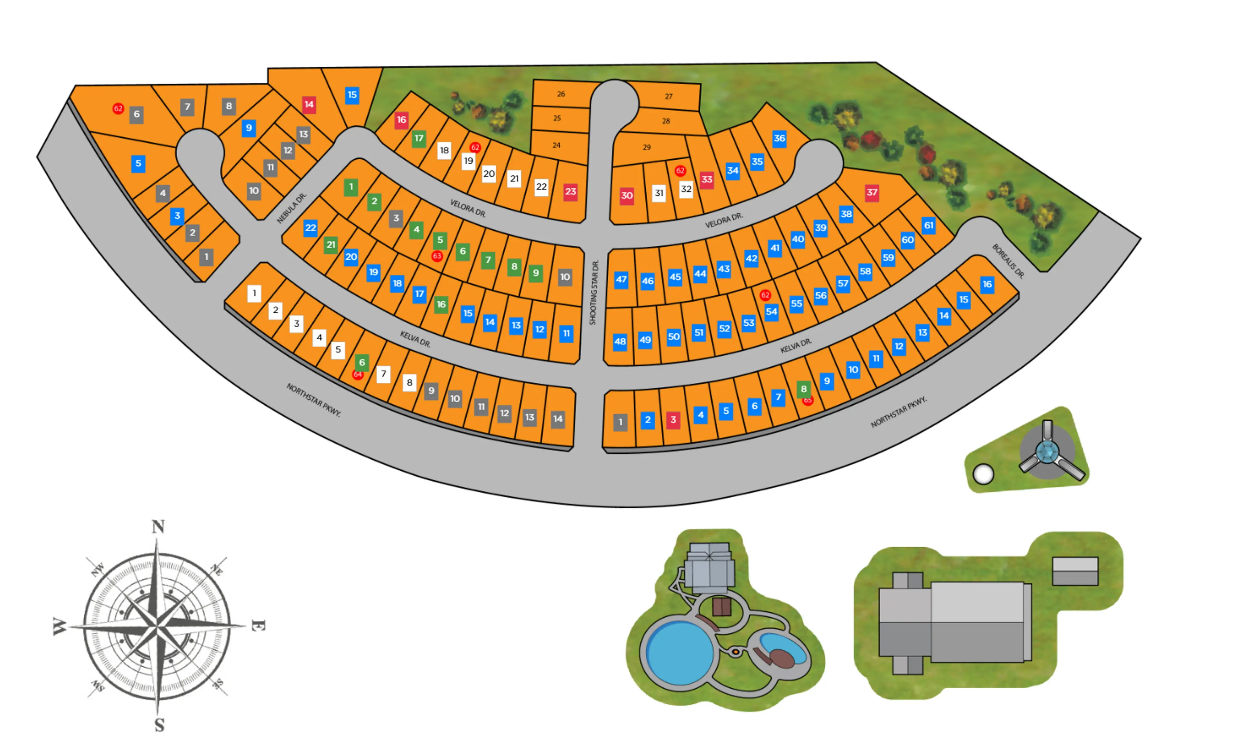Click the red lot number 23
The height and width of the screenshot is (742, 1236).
point(570,192)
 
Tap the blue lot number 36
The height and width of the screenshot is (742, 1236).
point(779,138)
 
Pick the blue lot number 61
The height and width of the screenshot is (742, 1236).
point(929,226)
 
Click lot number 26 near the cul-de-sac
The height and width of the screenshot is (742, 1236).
point(561,94)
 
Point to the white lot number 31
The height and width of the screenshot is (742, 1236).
point(659,193)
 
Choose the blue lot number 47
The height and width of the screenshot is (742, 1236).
point(621,279)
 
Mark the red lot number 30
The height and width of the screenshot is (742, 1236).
point(627,195)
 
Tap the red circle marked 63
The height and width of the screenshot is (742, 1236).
point(437,256)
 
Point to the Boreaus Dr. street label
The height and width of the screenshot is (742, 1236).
point(1008,261)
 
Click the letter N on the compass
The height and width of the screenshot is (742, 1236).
point(158,527)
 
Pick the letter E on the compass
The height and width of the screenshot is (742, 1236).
point(258,625)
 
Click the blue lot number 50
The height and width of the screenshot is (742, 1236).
point(674,336)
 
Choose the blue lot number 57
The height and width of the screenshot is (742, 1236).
point(843,284)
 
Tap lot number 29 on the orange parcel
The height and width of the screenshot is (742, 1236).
point(647,147)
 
